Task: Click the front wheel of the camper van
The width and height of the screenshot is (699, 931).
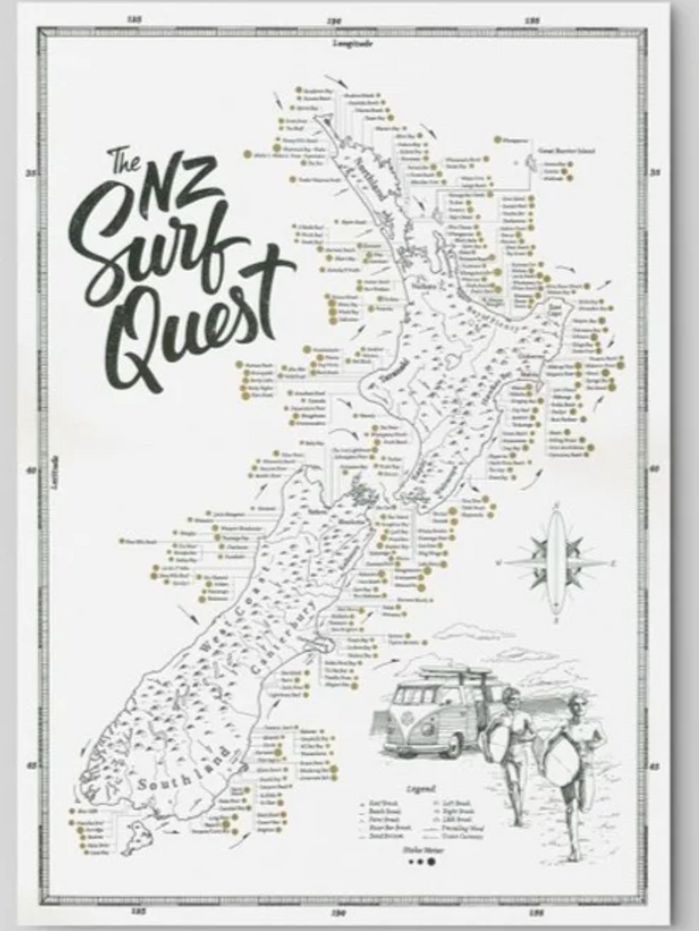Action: coord(452,745)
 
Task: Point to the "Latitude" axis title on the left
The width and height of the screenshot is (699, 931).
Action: coord(55,473)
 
